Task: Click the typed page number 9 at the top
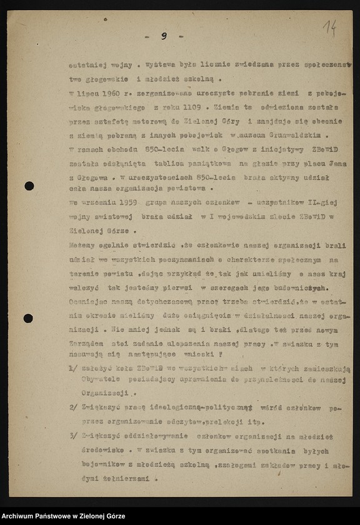click(164, 36)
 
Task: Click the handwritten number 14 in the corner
click(329, 27)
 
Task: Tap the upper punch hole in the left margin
click(29, 186)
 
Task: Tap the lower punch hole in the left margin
click(28, 318)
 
